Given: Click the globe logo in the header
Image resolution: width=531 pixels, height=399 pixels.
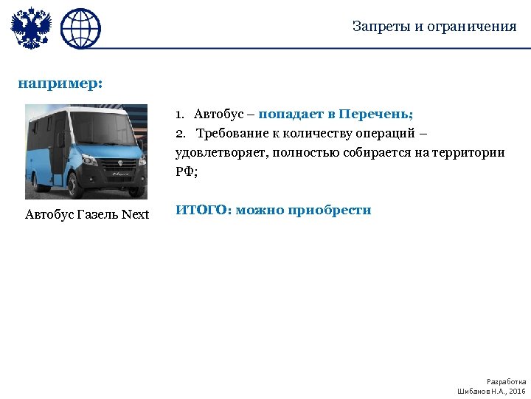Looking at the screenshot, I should pos(80,29).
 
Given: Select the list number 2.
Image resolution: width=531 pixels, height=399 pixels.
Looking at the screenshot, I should pos(180,133).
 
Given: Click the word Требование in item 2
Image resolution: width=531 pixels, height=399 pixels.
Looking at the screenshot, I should pos(233,133).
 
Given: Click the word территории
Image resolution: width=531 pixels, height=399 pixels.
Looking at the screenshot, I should pos(468,152).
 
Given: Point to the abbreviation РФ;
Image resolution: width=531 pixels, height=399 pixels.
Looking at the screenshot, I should pos(187,171).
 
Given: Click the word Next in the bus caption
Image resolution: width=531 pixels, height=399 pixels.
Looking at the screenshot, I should pos(136,215).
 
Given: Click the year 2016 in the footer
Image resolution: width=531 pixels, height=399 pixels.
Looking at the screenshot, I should pos(518,390).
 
